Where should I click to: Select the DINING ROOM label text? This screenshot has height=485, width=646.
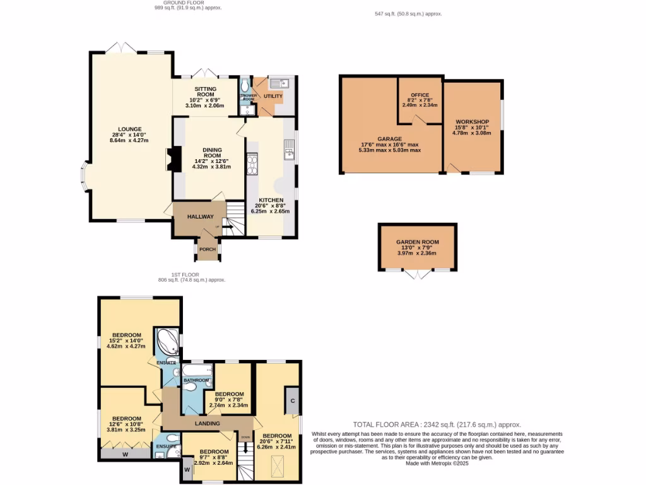[212, 152]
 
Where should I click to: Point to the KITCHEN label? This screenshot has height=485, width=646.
[269, 200]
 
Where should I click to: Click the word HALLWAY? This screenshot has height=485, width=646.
[200, 217]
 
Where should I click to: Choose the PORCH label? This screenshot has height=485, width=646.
[208, 249]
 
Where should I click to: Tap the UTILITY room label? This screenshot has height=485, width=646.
[273, 97]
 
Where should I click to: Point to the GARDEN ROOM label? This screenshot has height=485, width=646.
[417, 242]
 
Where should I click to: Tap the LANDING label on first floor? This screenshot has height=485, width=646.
[207, 423]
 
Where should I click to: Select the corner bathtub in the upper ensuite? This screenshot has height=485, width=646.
[167, 342]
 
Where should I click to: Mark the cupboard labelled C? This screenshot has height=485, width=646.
[293, 400]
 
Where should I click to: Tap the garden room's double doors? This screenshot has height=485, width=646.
[417, 273]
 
